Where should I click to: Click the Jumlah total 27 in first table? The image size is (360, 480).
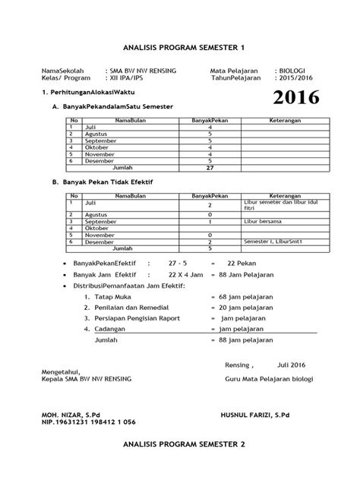(210, 168)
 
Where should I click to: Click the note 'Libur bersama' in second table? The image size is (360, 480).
(263, 221)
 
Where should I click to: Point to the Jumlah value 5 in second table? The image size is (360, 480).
(210, 248)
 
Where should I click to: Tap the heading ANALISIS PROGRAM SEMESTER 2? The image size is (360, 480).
(180, 462)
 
